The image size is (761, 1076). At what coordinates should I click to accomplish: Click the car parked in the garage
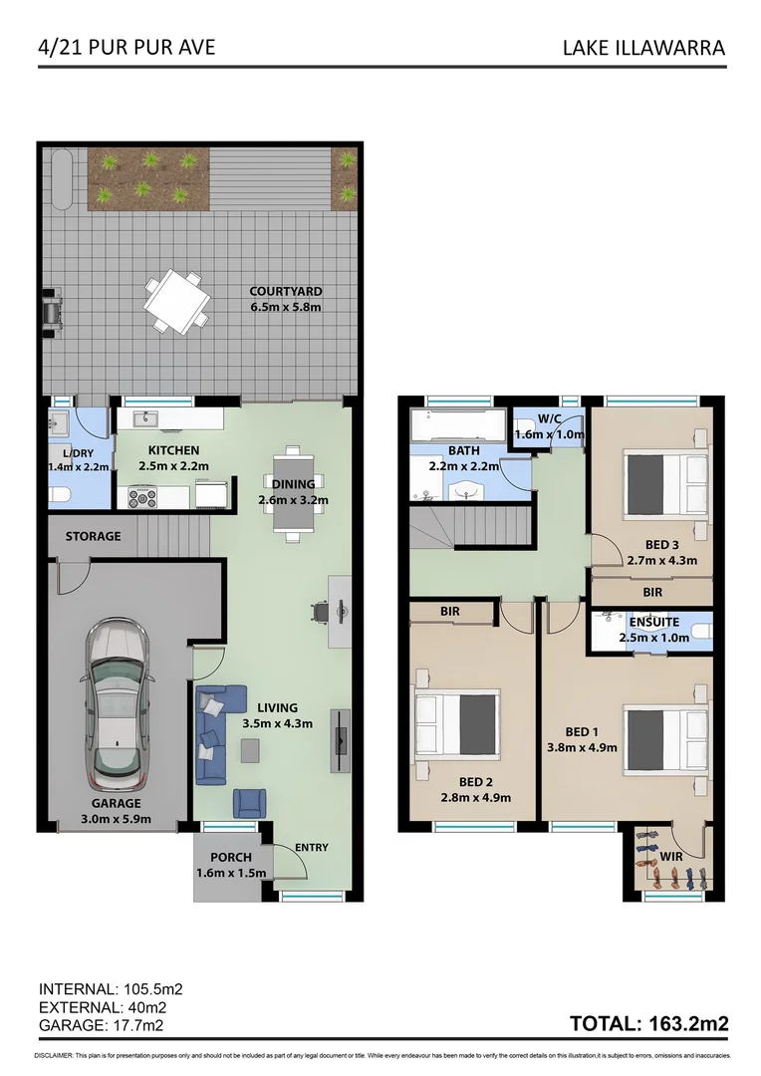[x=119, y=703]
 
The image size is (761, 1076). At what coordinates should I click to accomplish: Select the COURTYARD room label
[x=285, y=291]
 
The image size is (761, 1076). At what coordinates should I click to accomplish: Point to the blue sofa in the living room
[x=212, y=733]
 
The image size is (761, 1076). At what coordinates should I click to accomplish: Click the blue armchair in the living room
[x=249, y=802]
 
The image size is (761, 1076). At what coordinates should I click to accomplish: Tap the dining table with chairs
[x=293, y=492]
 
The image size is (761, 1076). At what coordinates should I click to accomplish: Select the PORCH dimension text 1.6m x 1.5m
[x=230, y=874]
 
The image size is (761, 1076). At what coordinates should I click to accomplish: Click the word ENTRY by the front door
[x=311, y=848]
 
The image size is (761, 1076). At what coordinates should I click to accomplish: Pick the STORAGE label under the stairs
[x=93, y=536]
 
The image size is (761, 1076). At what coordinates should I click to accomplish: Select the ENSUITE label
[x=653, y=622]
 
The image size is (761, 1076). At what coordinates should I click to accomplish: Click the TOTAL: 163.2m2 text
[x=647, y=1023]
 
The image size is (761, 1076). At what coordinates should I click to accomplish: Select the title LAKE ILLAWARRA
[x=643, y=47]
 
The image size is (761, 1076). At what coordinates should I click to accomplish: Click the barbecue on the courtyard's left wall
[x=52, y=309]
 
